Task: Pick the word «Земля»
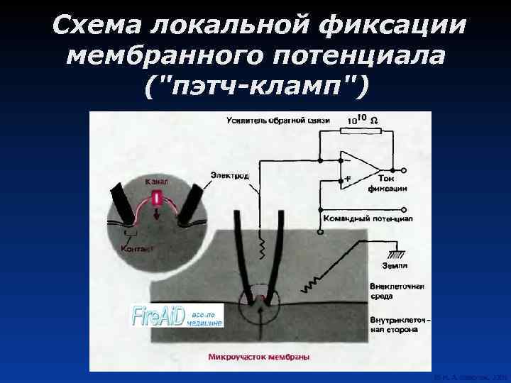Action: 395,266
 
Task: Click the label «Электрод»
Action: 229,174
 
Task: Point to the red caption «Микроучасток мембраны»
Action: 260,357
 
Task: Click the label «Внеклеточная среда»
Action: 397,291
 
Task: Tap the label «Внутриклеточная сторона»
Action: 398,326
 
